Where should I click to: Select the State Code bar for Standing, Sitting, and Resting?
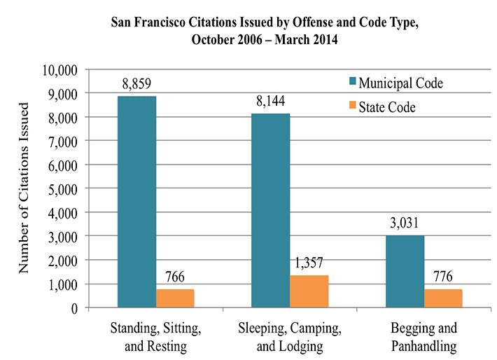175,298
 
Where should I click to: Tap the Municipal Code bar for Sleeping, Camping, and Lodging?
270,210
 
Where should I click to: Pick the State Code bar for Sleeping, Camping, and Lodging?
309,291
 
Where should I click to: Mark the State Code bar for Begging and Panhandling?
443,298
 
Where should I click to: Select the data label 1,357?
309,262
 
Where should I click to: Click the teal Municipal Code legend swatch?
353,84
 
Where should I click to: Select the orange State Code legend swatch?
353,107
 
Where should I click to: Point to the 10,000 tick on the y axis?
59,70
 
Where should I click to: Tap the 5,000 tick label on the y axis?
62,188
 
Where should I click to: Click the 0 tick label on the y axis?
73,307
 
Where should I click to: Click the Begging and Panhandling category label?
424,337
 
